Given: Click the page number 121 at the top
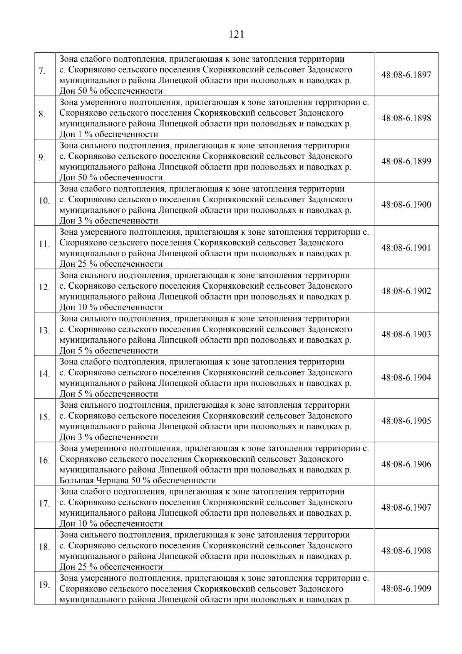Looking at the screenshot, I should coord(236,35).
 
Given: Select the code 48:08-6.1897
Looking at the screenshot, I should coord(406,75).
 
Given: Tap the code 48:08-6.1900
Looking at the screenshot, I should coord(406,205).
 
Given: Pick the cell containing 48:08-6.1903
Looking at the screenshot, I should coord(406,335).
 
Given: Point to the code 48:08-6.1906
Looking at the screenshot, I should coord(406,464).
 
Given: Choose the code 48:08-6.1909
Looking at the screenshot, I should coord(406,588).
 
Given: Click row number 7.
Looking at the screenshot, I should coord(42,71).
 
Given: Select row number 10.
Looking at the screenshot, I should coord(44,201).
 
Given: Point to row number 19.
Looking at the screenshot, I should coord(44,585).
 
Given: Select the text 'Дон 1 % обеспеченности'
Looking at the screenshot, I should coord(109,134).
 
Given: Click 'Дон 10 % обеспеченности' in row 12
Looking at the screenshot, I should coord(111,308).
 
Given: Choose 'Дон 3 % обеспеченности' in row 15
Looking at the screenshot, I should coord(109,437).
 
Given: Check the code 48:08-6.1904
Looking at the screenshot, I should coord(406,378).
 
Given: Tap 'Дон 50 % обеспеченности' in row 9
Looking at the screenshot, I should coord(111,178).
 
